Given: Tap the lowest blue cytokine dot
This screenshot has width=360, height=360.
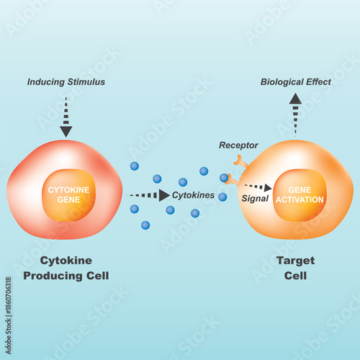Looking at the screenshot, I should pos(145,225).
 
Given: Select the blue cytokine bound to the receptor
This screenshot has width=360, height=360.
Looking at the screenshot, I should pos(224,178).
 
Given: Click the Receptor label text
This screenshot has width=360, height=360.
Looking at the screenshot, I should pos(238,146).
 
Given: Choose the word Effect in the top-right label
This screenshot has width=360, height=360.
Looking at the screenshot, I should pos(318,82).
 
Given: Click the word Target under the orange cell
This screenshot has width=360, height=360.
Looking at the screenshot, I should pos(295,261).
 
